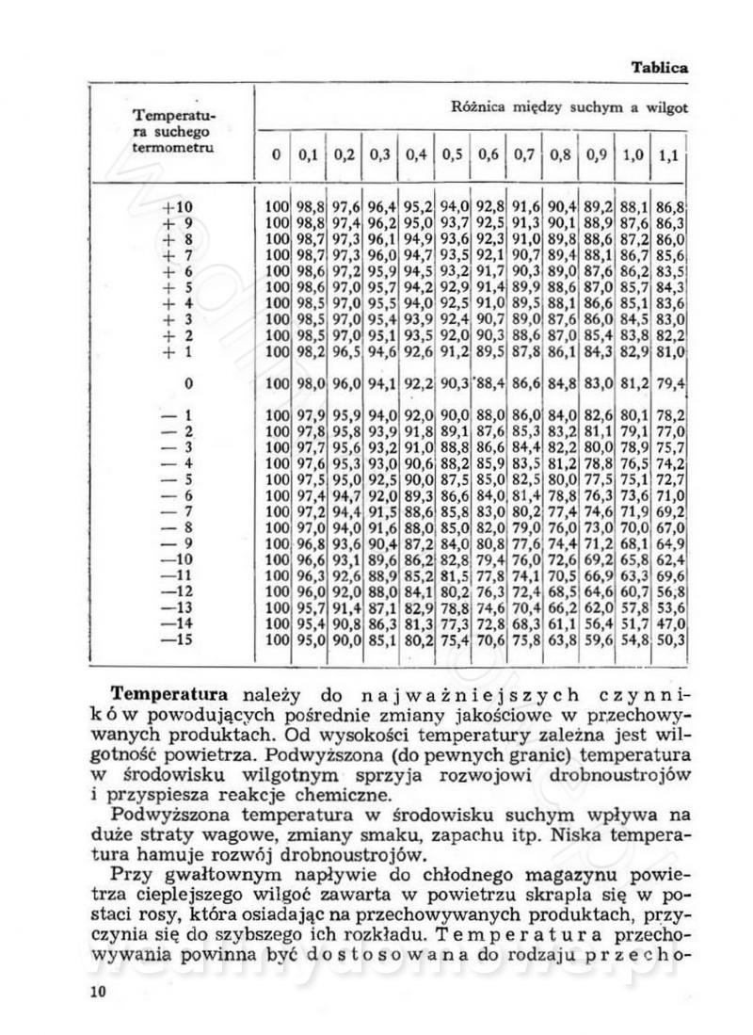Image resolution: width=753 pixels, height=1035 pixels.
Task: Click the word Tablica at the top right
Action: pos(660,68)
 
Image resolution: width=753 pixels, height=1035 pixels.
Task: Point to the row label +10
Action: pos(176,207)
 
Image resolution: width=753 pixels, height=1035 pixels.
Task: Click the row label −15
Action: pos(176,640)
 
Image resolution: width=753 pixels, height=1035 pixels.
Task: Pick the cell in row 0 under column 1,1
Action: pos(671,383)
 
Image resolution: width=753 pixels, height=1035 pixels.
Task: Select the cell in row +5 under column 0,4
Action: pos(419,287)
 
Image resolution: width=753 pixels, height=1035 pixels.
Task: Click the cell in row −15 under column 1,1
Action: pos(671,640)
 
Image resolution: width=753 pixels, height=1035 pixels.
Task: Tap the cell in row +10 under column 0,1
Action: pos(311,207)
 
